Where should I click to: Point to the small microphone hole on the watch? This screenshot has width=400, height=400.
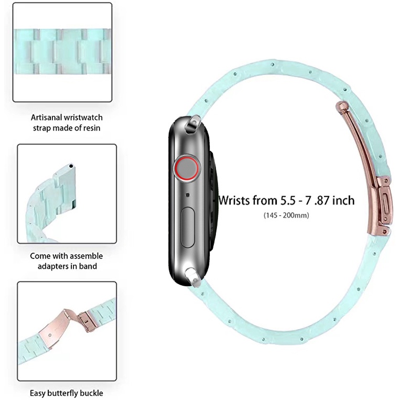click(188, 195)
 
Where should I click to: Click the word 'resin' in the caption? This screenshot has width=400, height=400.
click(91, 127)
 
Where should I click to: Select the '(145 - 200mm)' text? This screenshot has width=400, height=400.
click(286, 215)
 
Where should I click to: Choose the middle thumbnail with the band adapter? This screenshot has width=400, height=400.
click(67, 193)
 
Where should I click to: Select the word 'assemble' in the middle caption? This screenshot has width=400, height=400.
click(83, 256)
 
